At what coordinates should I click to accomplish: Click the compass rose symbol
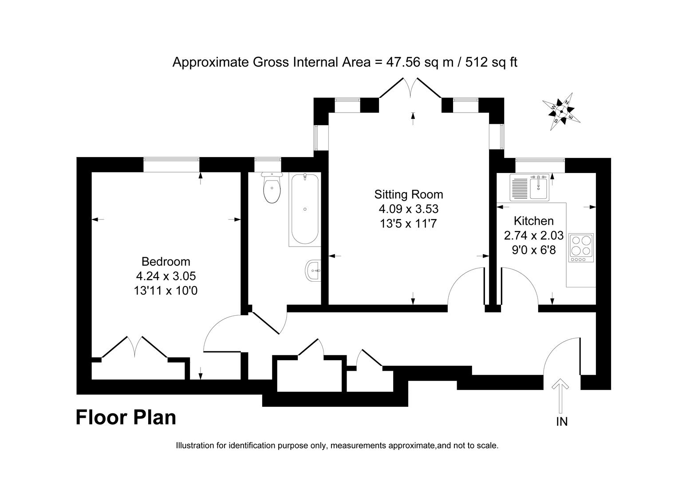click(562, 111)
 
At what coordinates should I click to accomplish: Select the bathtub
click(304, 209)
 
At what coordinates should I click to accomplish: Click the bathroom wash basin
click(313, 270)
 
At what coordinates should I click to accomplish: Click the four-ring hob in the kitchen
click(581, 247)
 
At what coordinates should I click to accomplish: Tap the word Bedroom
click(166, 262)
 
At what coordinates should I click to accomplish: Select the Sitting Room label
click(408, 194)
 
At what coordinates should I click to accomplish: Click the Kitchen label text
click(533, 220)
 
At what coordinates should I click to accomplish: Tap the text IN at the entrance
click(562, 421)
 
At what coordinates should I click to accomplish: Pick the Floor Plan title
click(126, 417)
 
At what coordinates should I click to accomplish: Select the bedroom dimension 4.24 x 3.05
click(166, 276)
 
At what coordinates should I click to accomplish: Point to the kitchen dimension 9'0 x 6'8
click(533, 250)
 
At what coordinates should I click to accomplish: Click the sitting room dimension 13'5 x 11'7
click(408, 224)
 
